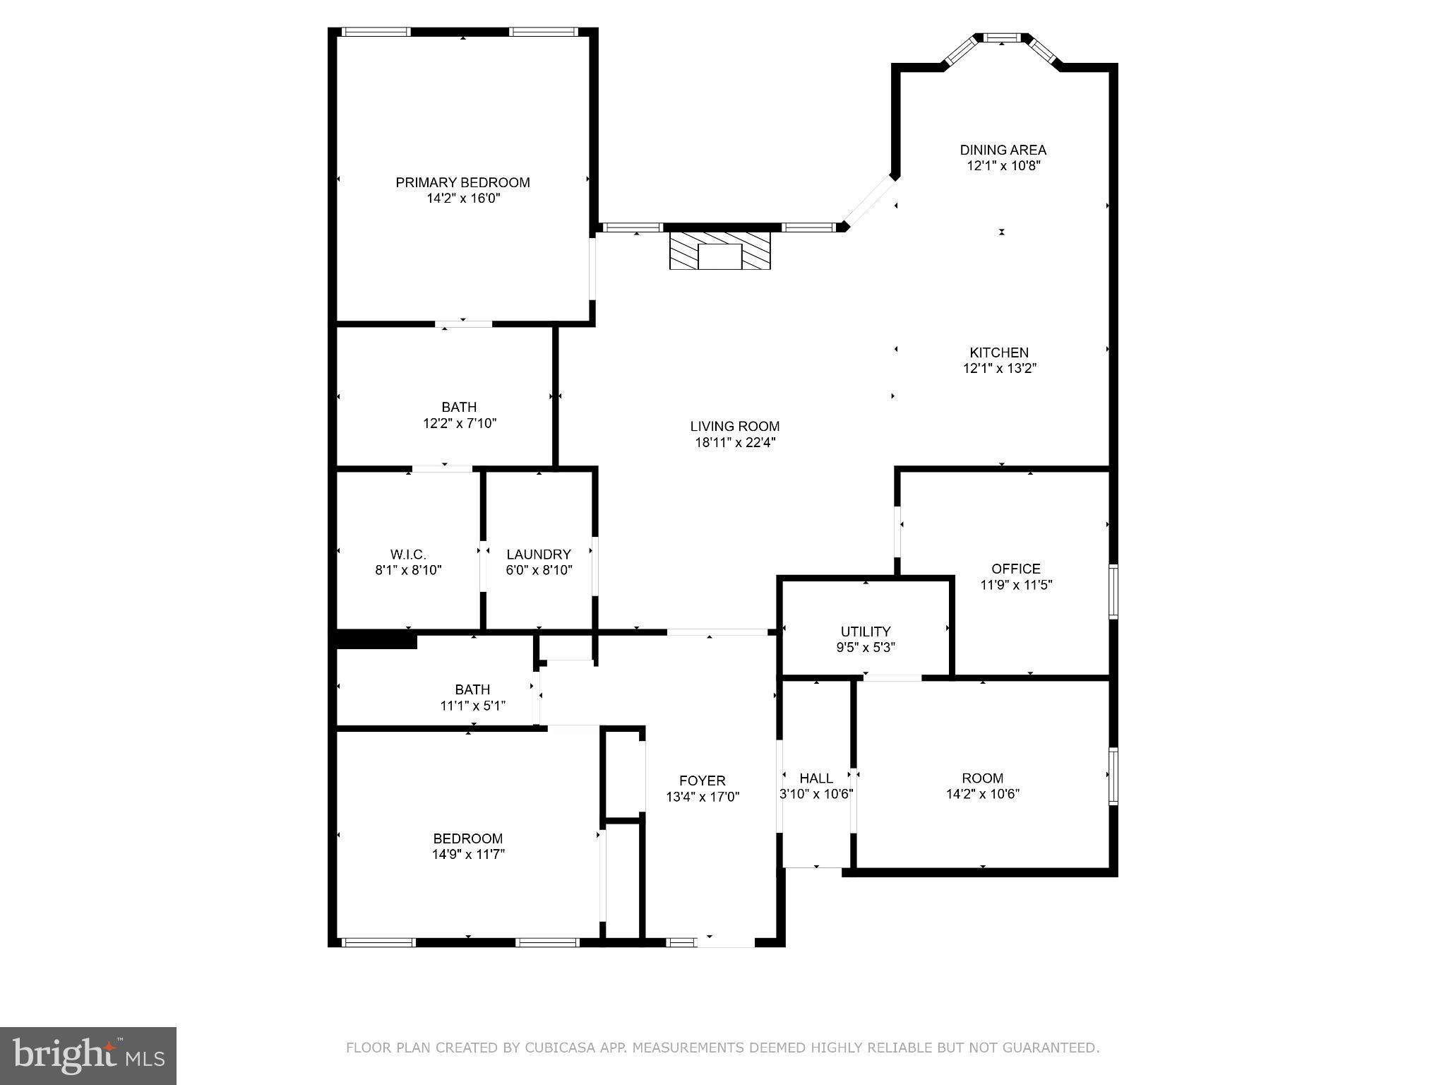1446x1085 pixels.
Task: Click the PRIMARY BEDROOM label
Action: [x=462, y=182]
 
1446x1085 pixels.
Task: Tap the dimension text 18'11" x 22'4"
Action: [x=735, y=443]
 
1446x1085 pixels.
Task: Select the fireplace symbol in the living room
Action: [x=719, y=251]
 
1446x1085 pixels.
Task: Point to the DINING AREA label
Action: [x=1003, y=150]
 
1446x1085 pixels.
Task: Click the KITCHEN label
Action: [x=998, y=352]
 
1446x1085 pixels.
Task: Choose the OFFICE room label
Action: [x=1015, y=569]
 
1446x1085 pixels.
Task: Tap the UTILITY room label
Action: [x=865, y=632]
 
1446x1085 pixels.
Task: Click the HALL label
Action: [x=815, y=778]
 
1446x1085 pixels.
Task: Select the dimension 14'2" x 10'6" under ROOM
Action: [x=982, y=794]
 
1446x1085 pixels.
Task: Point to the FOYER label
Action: [x=702, y=781]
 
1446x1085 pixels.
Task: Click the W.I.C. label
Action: [x=408, y=555]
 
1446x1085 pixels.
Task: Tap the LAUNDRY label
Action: [x=538, y=555]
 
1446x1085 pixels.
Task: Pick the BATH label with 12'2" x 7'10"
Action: [x=459, y=407]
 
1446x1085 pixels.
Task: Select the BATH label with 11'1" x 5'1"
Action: [x=472, y=689]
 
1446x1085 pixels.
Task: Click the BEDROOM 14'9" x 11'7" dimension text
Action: [x=468, y=854]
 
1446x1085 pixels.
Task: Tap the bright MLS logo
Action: [x=88, y=1055]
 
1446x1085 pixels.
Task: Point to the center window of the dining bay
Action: [x=1003, y=37]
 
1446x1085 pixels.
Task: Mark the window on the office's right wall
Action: [x=1113, y=591]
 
